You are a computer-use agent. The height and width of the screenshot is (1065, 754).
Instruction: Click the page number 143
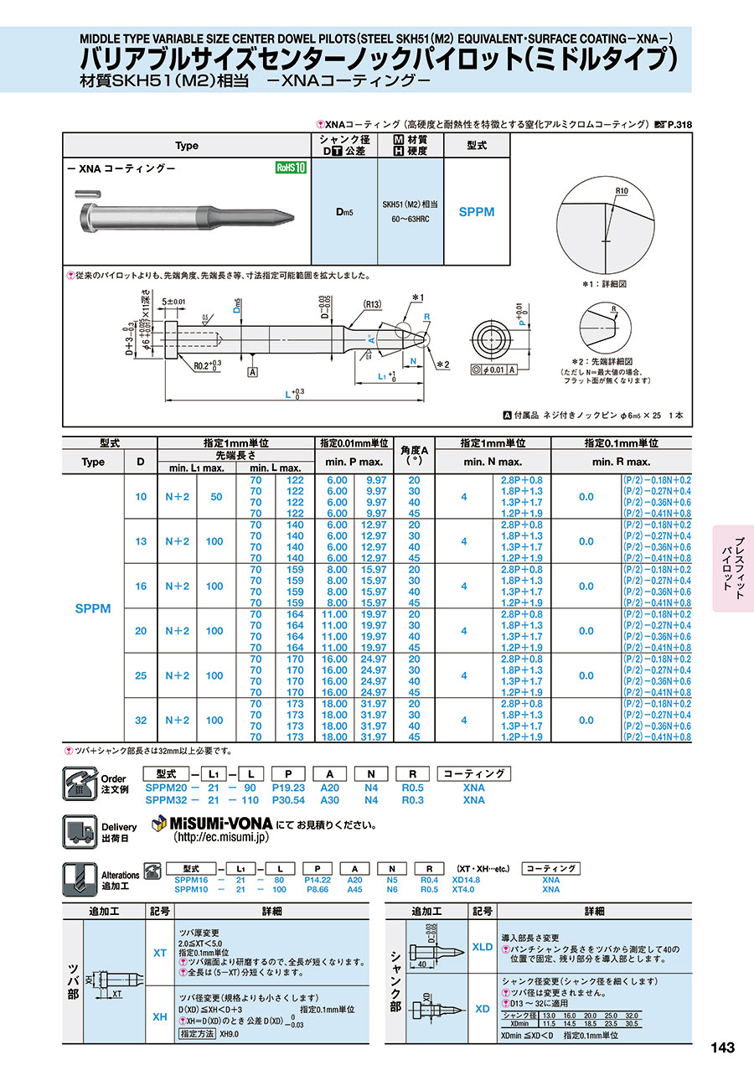[722, 1047]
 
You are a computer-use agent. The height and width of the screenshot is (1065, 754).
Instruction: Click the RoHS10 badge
[291, 168]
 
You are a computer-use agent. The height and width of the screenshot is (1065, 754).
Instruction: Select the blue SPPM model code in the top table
[477, 212]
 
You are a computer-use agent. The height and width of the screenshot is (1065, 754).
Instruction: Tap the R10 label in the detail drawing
[620, 192]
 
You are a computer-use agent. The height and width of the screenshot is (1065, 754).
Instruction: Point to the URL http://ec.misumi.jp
[220, 837]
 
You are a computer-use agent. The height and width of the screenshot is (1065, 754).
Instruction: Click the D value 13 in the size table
[141, 541]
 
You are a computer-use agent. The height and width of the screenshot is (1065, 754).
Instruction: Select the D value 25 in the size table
[141, 675]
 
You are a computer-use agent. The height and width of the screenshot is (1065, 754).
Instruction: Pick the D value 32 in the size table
[141, 720]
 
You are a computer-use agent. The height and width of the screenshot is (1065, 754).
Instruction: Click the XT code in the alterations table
[159, 953]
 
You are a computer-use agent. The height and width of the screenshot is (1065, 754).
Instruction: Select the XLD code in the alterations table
[483, 947]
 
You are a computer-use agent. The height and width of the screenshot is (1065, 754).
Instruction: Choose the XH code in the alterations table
[159, 1016]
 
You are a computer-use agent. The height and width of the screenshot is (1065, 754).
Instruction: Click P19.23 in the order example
[288, 788]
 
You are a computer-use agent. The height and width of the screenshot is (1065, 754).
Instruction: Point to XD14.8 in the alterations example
[467, 880]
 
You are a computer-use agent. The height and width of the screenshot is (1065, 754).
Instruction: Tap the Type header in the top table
[187, 145]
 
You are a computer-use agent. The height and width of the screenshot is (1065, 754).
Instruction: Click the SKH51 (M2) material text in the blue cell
[411, 204]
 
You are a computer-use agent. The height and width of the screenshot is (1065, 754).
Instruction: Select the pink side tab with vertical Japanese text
[734, 567]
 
